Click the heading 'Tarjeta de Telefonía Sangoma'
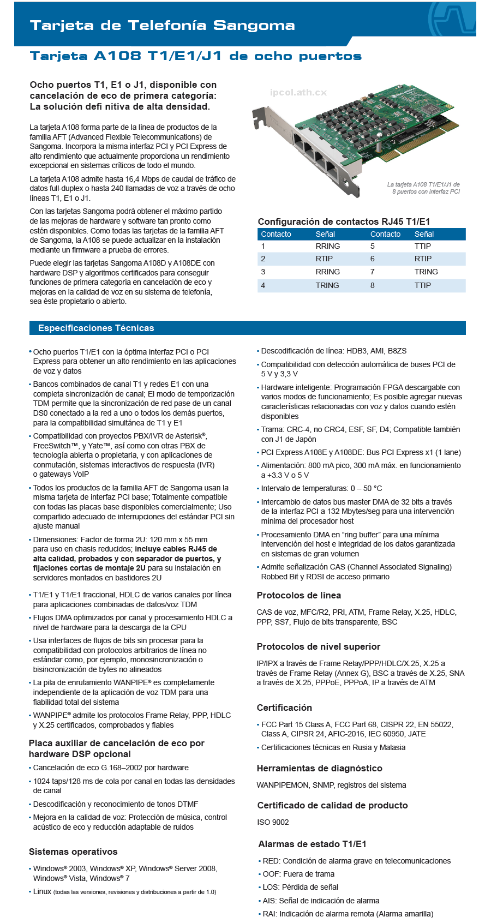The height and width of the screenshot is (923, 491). (x=162, y=25)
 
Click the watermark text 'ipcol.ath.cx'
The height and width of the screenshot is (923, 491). (x=298, y=92)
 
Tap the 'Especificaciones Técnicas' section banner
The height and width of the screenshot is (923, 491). (x=96, y=328)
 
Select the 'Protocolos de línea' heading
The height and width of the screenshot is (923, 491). (x=298, y=595)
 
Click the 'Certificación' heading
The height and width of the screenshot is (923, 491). (x=284, y=708)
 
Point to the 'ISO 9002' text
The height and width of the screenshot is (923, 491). (x=273, y=822)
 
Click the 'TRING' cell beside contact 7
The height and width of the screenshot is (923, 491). (x=426, y=272)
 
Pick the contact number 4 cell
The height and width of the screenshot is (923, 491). (x=263, y=285)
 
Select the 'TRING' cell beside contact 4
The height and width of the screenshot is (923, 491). (x=327, y=285)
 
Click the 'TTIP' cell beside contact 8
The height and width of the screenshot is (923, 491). (x=422, y=285)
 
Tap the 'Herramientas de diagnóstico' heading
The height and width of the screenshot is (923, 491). (x=319, y=768)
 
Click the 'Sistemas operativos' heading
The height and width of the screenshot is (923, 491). (x=73, y=852)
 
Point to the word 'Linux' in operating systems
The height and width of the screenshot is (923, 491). (x=42, y=891)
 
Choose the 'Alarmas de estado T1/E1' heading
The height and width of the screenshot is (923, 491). (x=312, y=844)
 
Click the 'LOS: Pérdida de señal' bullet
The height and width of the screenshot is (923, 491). (x=300, y=887)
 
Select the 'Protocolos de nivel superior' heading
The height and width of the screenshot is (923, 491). (x=318, y=646)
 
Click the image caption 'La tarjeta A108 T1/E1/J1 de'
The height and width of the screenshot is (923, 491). (x=423, y=184)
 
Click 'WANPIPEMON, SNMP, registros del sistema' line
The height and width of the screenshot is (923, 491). (x=331, y=785)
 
